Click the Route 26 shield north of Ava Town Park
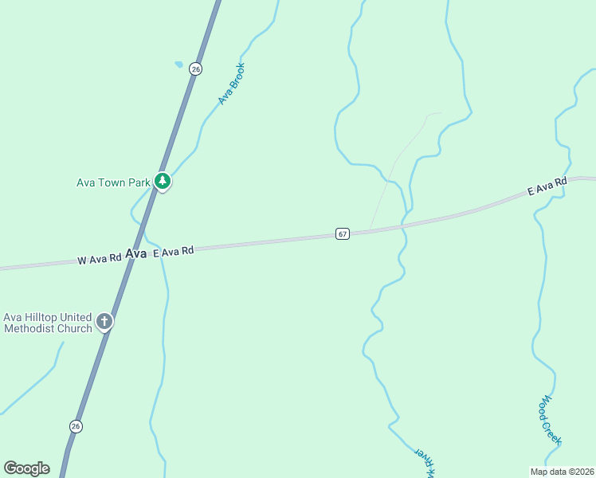tap(195, 69)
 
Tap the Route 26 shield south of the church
tap(76, 426)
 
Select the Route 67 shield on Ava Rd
tap(342, 233)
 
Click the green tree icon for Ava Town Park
tap(163, 182)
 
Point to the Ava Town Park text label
tap(113, 182)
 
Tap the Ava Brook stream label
tap(232, 84)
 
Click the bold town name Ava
tap(136, 253)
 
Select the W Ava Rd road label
tap(99, 258)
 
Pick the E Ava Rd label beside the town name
tap(173, 251)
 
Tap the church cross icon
tap(104, 322)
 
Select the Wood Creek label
tap(550, 420)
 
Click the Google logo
tap(27, 468)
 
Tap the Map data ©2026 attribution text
tap(562, 471)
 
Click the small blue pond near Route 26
tap(178, 65)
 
